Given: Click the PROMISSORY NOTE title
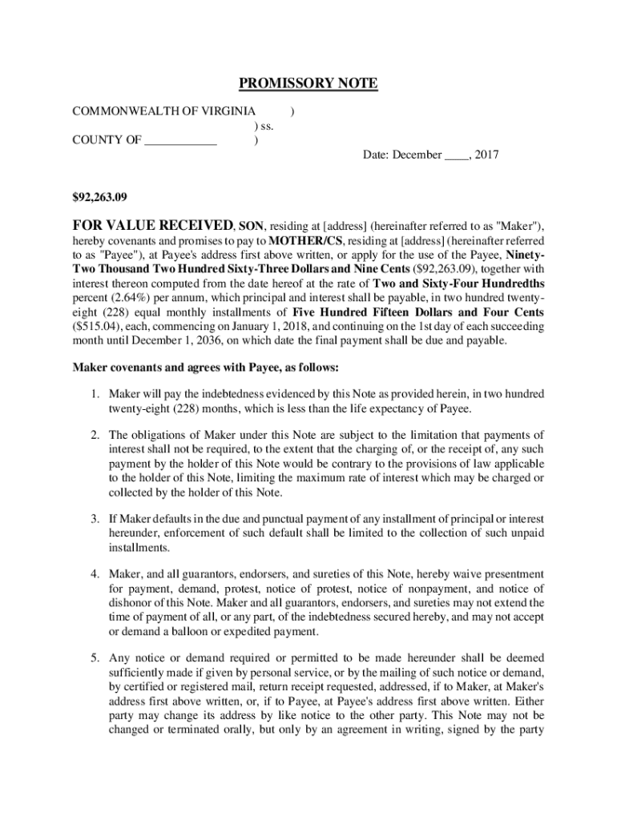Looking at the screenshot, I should coord(308,84).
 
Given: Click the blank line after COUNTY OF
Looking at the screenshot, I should coord(180,143).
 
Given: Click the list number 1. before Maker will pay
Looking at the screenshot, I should coord(95,394).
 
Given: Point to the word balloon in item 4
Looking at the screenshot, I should coord(191,631).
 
